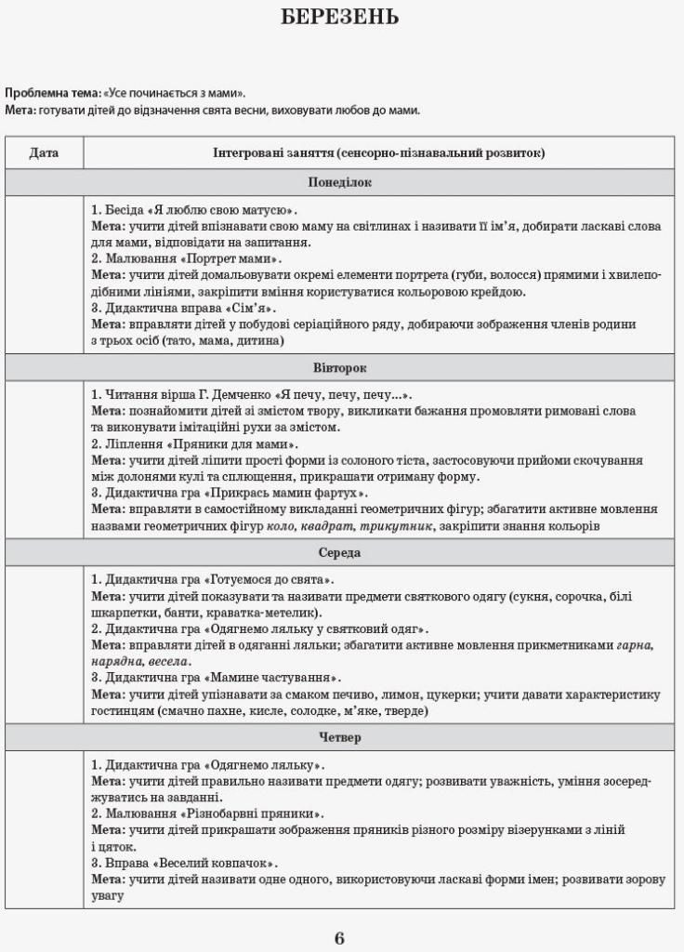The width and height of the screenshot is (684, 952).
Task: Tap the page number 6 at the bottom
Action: click(x=339, y=937)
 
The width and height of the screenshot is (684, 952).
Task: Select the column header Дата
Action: click(x=44, y=152)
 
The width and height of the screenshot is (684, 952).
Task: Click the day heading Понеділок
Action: click(x=339, y=182)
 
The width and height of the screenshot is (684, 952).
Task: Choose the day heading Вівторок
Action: click(x=339, y=368)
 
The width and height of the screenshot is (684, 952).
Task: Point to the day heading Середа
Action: click(x=339, y=552)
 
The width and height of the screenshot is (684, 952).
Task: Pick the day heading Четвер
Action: click(x=339, y=737)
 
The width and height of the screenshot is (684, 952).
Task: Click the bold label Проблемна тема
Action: click(x=52, y=93)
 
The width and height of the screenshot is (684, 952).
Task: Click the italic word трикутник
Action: click(x=409, y=526)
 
